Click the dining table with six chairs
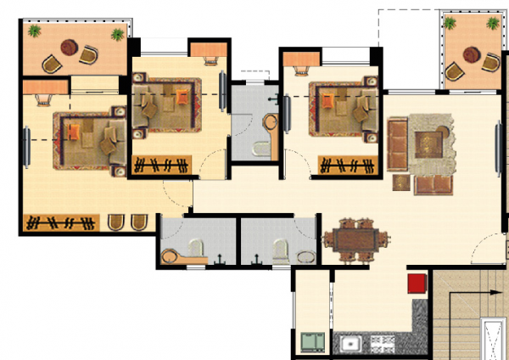click(355, 239)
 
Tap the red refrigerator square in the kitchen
click(416, 284)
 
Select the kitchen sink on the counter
click(350, 344)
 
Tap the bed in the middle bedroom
click(165, 104)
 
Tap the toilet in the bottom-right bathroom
click(279, 249)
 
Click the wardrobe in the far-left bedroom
click(63, 223)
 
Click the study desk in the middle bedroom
click(209, 51)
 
